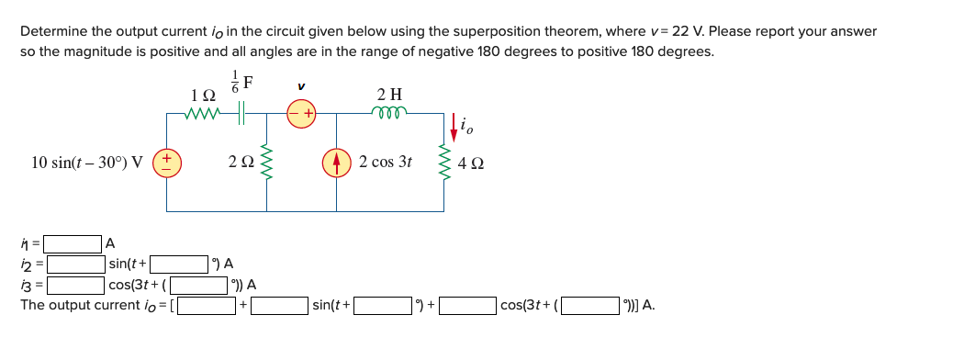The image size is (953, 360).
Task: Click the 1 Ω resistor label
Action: coord(202,95)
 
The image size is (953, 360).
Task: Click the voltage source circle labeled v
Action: coord(302,114)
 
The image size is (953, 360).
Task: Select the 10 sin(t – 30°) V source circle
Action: coord(167,163)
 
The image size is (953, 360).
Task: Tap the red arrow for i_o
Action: coord(452,124)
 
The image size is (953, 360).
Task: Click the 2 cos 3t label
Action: coord(387,163)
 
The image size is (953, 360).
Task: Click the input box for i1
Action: coord(73,244)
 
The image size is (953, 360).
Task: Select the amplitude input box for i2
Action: coord(73,264)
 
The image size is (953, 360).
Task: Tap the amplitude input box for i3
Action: coord(73,285)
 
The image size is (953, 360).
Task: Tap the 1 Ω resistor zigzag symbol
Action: coord(203,114)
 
